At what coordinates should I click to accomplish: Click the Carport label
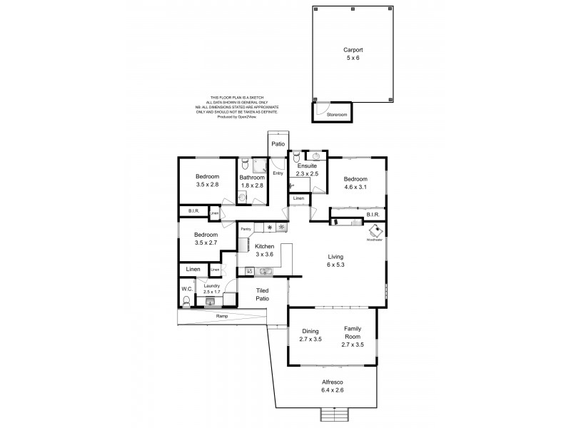coord(353,50)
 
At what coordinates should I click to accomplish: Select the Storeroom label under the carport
coord(337,113)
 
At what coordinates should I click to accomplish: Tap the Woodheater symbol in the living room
coord(375,231)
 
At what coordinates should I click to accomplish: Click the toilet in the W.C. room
coord(187,302)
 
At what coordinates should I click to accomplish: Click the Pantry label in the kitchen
coord(246,228)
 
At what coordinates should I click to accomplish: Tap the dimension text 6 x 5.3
coord(336,265)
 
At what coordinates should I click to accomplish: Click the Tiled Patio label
coord(263,295)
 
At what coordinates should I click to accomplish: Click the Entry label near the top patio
coord(278,173)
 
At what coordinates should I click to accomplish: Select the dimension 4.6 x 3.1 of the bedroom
coord(355,187)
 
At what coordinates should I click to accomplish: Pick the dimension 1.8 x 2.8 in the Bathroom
coord(252,185)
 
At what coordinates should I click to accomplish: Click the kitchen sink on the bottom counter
coord(265,271)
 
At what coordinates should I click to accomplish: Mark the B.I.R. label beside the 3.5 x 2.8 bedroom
coord(193,211)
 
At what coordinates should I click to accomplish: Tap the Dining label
coord(309,331)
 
